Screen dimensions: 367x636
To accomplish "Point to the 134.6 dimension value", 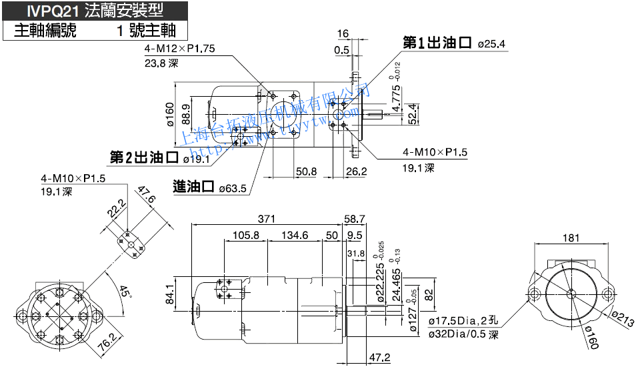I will point(295,235).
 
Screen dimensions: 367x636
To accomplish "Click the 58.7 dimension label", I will point(354,219).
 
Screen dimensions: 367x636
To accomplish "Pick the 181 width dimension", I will point(571,238).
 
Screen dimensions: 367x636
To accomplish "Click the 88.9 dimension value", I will point(185,107).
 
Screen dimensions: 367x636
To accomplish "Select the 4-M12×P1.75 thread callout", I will point(179,49).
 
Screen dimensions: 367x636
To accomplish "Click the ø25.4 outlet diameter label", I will point(492,45).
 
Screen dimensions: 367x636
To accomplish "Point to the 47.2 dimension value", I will point(379,357).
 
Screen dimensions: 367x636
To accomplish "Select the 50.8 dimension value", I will point(306,171).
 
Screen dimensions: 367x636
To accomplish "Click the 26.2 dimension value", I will point(356,171).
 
